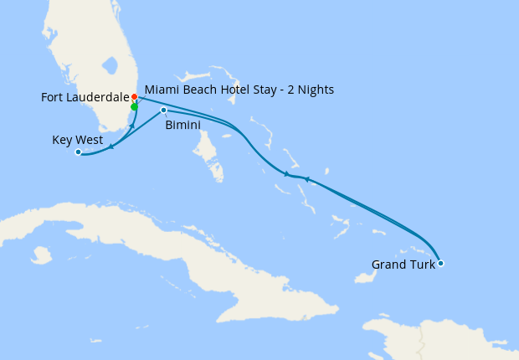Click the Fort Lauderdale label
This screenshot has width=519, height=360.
point(84,98)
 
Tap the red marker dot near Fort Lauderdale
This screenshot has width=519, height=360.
point(134,97)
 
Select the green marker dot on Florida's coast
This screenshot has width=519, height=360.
point(134,107)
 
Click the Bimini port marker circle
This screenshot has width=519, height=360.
point(163,111)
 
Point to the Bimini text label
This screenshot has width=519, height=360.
point(182,125)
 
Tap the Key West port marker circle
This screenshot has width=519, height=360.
point(78,152)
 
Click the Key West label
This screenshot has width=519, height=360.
point(77,140)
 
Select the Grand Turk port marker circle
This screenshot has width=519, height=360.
point(440,264)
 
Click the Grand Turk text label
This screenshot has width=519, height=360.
point(403,265)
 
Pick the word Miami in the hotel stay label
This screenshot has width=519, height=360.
point(160,90)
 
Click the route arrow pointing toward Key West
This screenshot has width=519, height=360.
point(111,147)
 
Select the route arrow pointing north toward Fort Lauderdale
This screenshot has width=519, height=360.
point(132,126)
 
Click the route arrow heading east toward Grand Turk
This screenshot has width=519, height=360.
point(287,174)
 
